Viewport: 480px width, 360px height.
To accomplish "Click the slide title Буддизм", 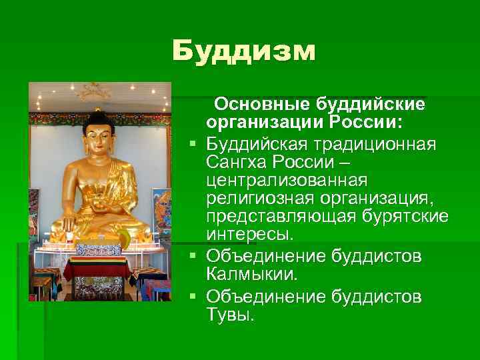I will [x=243, y=51].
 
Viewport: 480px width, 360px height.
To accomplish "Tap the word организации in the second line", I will [x=255, y=124].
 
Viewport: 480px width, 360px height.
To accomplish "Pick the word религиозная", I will [x=254, y=199].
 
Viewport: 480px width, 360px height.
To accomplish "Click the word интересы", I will [x=249, y=236].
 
